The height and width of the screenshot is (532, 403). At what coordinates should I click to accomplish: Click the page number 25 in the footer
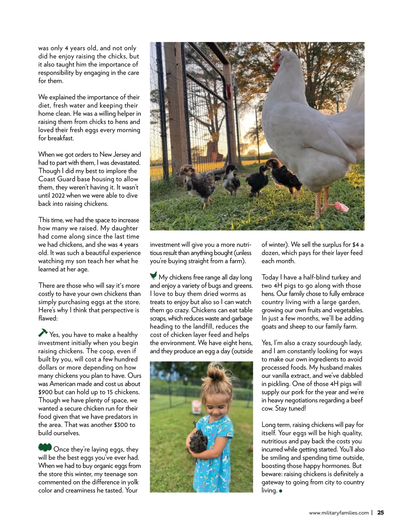tap(380, 513)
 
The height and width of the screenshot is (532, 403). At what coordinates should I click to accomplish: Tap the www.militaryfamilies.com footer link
tap(339, 513)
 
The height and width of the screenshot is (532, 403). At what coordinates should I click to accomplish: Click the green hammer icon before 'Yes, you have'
tap(43, 333)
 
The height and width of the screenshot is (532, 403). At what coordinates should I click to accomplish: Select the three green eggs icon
tap(45, 448)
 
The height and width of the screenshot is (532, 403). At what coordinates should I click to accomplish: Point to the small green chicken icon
tap(153, 276)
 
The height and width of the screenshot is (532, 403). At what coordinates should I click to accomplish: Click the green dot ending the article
tap(281, 491)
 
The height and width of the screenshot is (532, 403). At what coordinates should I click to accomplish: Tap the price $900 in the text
tap(45, 392)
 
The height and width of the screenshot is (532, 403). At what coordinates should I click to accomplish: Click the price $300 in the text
tap(121, 425)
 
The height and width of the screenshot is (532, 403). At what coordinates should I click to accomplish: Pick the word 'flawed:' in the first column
tap(48, 318)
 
